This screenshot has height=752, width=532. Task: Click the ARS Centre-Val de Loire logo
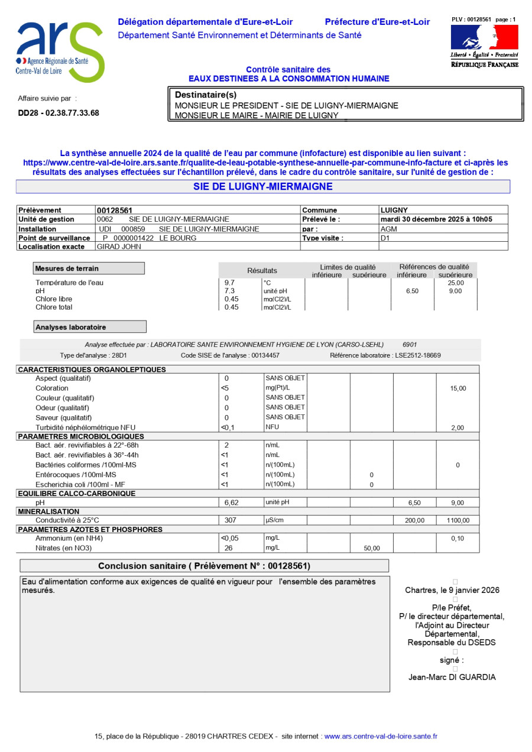[x=60, y=52]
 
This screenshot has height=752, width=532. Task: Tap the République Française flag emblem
[x=484, y=38]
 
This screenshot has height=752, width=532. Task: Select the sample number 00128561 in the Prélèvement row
[x=114, y=210]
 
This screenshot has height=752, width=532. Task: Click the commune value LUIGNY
[x=394, y=210]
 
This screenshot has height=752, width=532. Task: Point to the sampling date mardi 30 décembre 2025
[x=436, y=219]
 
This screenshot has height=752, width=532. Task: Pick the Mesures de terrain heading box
[x=88, y=268]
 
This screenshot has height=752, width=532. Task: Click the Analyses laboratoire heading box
[x=89, y=327]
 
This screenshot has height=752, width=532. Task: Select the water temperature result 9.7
[x=229, y=283]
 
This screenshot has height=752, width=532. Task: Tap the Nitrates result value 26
[x=229, y=548]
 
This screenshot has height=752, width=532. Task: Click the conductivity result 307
[x=230, y=520]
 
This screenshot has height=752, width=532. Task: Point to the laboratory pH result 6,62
[x=231, y=503]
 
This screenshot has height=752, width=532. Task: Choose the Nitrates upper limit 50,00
[x=372, y=549]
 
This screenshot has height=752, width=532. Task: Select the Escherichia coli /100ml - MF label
[x=84, y=485]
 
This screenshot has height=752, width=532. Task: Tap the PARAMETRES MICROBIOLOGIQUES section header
[x=81, y=436]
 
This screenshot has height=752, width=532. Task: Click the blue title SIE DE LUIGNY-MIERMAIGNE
[x=262, y=187]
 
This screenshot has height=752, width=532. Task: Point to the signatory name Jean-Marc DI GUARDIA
[x=452, y=678]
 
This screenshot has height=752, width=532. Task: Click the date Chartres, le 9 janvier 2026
[x=452, y=590]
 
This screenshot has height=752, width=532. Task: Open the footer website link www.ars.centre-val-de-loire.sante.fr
[x=381, y=737]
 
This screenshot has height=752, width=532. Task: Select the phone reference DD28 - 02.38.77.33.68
[x=59, y=113]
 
